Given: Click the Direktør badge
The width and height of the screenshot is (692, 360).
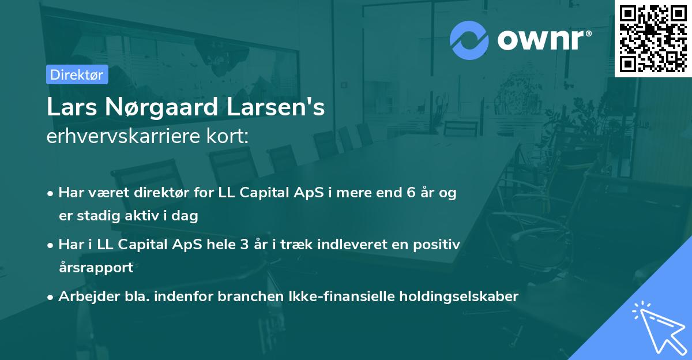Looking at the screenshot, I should (77, 74).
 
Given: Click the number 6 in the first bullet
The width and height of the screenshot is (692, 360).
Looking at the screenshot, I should (410, 193).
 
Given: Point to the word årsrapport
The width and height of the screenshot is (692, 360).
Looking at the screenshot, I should (96, 267).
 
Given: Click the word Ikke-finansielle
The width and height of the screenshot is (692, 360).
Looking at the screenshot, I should (340, 296).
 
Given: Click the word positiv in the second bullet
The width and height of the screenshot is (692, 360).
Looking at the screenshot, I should (439, 244).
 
